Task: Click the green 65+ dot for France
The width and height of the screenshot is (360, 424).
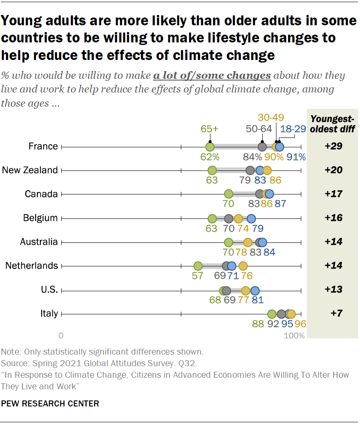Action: pos(210,146)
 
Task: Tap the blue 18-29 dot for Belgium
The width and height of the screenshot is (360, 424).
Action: pos(251,218)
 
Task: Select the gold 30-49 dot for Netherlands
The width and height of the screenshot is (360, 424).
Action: pos(243,266)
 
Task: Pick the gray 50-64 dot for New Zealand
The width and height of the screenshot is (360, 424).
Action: pos(250,170)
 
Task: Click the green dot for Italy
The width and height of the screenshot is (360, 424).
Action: pos(272,314)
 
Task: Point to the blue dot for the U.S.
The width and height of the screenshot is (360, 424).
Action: pos(255,290)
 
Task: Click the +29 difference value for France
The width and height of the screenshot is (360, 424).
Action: pos(333,146)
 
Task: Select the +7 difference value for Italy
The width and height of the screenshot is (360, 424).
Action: pos(333,314)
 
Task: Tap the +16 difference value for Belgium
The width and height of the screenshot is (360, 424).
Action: pos(333,218)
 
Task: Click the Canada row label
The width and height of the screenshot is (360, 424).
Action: pos(41,194)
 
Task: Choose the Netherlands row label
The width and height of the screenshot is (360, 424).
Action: pos(31,266)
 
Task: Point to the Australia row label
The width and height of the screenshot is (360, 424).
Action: pos(39,242)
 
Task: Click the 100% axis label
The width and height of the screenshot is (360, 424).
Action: pos(294,335)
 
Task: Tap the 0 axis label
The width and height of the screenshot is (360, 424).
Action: pos(61,335)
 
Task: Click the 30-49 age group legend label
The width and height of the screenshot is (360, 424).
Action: pos(271,118)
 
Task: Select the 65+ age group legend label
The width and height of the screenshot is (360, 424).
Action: pos(210,128)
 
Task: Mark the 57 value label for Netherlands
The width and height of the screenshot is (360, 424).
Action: pos(198,276)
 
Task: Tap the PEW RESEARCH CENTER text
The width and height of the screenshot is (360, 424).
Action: pos(50,403)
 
